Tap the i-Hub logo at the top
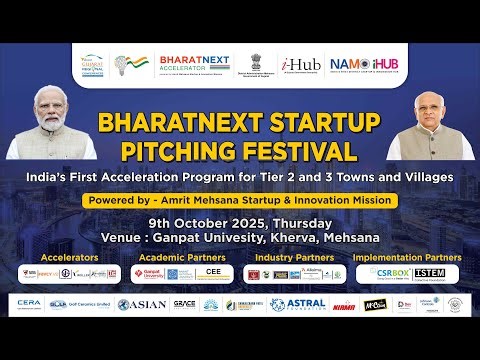[x=300, y=65]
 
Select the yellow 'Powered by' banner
[x=240, y=200]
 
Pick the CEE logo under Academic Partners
[x=213, y=273]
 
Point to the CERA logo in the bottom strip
[x=27, y=304]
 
